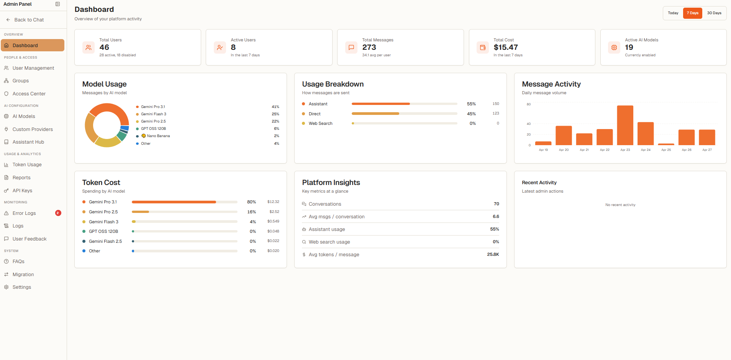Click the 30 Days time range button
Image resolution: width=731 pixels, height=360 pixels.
click(x=714, y=13)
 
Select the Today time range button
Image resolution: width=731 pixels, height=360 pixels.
click(x=673, y=13)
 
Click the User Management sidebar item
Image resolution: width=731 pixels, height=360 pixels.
click(x=33, y=68)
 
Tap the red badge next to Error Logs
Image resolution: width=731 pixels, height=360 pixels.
click(x=58, y=213)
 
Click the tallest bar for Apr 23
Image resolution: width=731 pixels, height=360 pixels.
click(x=625, y=125)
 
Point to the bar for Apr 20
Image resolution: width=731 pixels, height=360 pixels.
click(x=564, y=136)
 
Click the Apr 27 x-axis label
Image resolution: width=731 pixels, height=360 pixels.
click(x=707, y=150)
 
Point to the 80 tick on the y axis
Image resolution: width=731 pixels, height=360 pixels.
click(x=529, y=104)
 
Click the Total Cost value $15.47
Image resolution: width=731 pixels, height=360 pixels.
click(x=506, y=47)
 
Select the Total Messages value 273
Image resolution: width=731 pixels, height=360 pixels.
click(x=369, y=47)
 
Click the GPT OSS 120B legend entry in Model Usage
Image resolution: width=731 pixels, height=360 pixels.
click(x=153, y=129)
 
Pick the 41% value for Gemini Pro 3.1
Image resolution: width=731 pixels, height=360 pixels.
click(x=275, y=107)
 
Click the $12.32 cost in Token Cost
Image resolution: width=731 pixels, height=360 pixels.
click(x=273, y=202)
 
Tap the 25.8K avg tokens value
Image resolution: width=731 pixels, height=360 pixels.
click(x=493, y=254)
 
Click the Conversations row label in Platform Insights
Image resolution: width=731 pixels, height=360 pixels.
click(x=325, y=204)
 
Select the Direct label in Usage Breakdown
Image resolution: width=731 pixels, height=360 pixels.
click(x=315, y=114)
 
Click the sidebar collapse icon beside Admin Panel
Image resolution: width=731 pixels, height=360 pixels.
click(x=58, y=4)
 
